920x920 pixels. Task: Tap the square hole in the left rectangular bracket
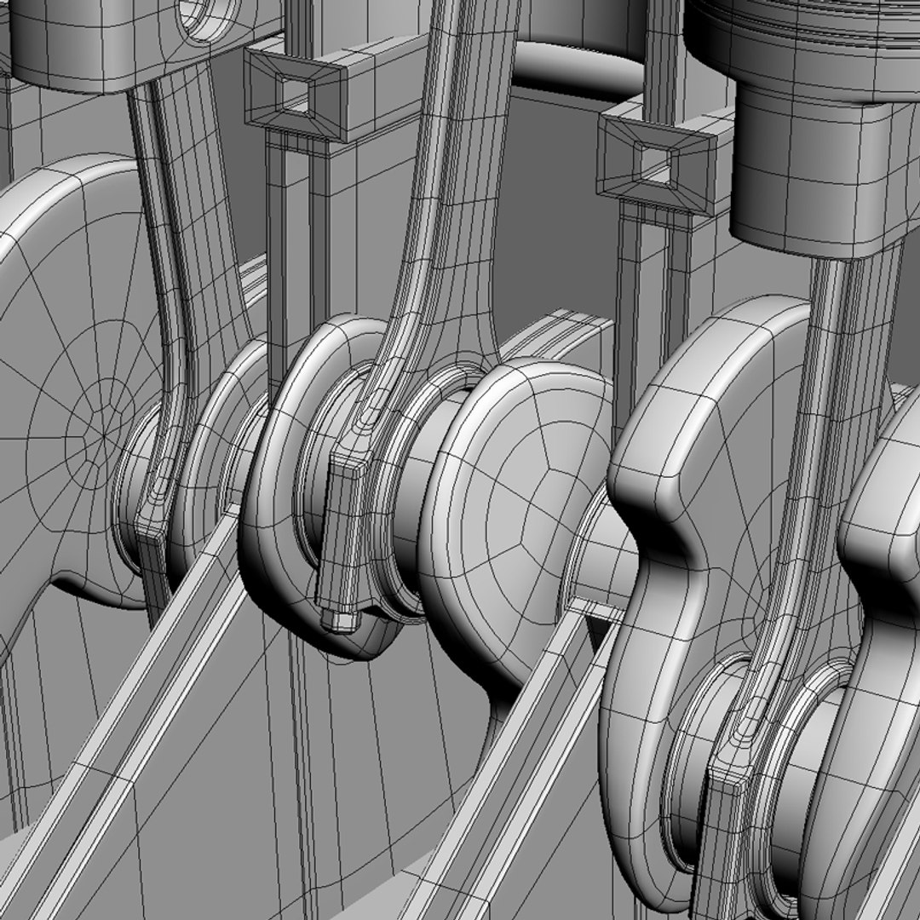pyautogui.click(x=294, y=89)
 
